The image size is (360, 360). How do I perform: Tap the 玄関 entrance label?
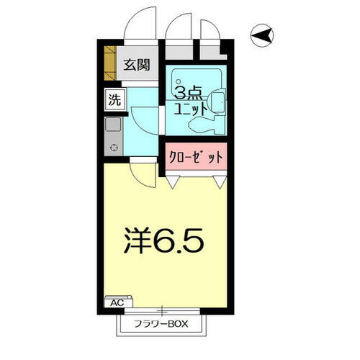click(135, 65)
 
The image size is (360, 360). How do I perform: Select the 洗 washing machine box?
click(114, 100)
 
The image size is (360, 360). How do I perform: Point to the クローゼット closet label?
click(197, 156)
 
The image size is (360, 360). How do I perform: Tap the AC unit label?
click(116, 303)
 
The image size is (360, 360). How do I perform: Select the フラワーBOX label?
click(160, 324)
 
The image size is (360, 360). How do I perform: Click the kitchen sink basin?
click(114, 124)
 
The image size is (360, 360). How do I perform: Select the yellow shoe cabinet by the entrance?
click(109, 63)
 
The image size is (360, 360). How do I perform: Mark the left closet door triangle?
click(173, 183)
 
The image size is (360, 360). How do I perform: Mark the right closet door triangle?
click(219, 183)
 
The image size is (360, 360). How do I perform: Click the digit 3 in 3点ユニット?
click(180, 93)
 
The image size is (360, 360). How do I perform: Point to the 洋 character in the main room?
click(137, 240)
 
